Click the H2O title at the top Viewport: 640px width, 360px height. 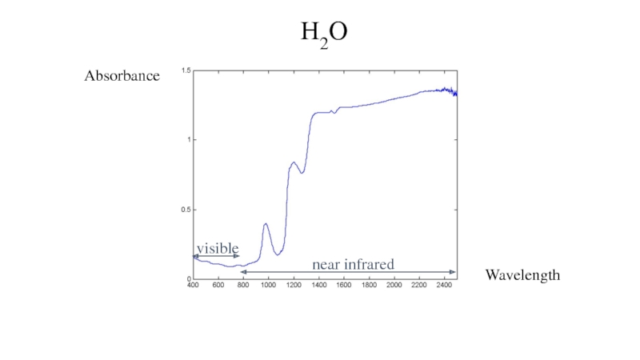coord(324,34)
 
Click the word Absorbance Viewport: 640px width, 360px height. coord(122,77)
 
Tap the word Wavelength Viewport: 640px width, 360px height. coord(522,275)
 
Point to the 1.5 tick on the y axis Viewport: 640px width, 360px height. coord(186,71)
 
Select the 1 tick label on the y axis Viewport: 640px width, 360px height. coord(188,140)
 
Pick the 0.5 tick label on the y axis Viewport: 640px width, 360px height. coord(186,210)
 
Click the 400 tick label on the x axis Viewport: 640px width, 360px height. coord(193,285)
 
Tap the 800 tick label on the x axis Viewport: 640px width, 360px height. coord(243,285)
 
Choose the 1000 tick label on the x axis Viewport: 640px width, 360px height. coord(268,285)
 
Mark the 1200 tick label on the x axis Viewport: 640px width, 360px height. coord(294,285)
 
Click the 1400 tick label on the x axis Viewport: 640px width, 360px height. coord(318,285)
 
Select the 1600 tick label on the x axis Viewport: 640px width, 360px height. coord(344,285)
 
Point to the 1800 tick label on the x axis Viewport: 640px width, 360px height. coord(369,285)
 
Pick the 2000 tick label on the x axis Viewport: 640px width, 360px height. coord(394,285)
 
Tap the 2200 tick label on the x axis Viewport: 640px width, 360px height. coord(419,285)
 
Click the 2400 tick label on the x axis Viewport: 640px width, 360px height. coord(444,285)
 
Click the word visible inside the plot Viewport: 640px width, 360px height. coord(218,248)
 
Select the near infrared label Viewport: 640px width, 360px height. coord(353,263)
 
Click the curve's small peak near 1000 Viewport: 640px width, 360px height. coord(266,224)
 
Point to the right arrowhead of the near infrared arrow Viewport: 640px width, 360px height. coord(454,272)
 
